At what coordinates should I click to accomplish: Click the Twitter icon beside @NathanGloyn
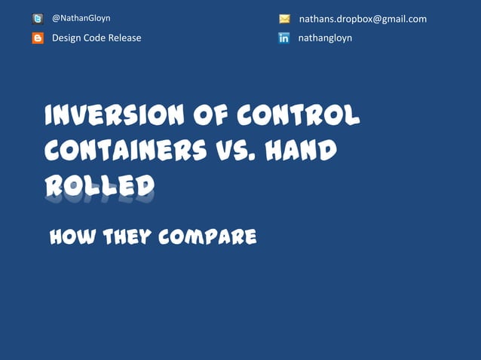[38, 19]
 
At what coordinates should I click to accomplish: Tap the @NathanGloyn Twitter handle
[81, 18]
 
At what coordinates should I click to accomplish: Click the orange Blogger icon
[38, 38]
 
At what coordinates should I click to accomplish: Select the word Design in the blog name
[66, 38]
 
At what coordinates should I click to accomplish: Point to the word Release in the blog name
[124, 38]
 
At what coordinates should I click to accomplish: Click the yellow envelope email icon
[284, 19]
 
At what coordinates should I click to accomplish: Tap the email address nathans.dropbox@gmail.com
[363, 19]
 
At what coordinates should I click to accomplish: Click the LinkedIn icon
[284, 38]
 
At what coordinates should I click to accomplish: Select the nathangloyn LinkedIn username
[325, 38]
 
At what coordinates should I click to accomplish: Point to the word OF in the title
[209, 116]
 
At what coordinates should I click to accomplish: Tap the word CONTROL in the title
[299, 116]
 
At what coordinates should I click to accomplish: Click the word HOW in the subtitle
[70, 238]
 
